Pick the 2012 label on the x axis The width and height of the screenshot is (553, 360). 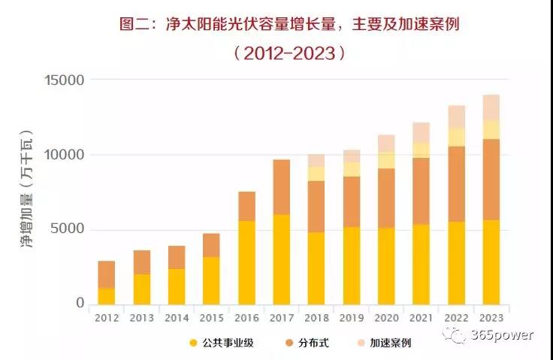pos(107,318)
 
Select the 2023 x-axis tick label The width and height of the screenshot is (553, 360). pos(491,318)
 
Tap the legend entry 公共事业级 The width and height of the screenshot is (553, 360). pos(229,343)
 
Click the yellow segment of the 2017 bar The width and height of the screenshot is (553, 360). pos(281,259)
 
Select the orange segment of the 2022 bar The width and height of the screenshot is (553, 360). pos(457,184)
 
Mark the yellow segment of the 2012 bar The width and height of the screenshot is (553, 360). pos(107,296)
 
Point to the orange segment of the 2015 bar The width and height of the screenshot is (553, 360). pos(212,245)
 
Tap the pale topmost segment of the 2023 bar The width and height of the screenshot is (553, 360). pos(491,107)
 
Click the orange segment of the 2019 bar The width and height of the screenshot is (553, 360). pos(352,201)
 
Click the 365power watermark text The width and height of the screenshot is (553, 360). pos(502,335)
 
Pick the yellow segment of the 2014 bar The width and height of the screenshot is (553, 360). pos(177,286)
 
